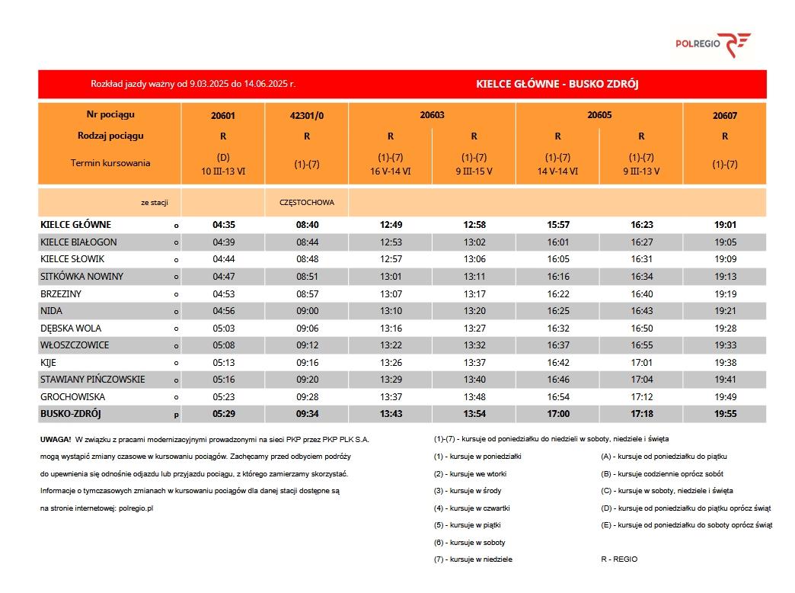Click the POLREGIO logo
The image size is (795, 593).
pyautogui.click(x=713, y=44)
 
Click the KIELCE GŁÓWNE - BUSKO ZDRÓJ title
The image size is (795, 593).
pyautogui.click(x=557, y=84)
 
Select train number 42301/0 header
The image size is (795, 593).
pyautogui.click(x=307, y=116)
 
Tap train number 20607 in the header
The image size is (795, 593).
pyautogui.click(x=725, y=116)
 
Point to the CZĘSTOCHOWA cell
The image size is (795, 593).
pyautogui.click(x=307, y=203)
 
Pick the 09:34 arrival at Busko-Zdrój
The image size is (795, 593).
pyautogui.click(x=307, y=414)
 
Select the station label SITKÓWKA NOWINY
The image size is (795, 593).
pyautogui.click(x=81, y=277)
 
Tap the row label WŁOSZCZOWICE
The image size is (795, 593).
pyautogui.click(x=75, y=345)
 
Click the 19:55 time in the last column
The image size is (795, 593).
pyautogui.click(x=725, y=414)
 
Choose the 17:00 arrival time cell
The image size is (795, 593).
pyautogui.click(x=557, y=414)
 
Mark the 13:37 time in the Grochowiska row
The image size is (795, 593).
pyautogui.click(x=391, y=397)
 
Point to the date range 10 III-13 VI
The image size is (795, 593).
pyautogui.click(x=224, y=171)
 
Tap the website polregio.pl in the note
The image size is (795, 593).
pyautogui.click(x=137, y=508)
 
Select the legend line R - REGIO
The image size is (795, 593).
pyautogui.click(x=619, y=559)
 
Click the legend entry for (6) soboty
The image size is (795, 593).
pyautogui.click(x=469, y=543)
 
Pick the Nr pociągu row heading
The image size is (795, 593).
pyautogui.click(x=110, y=114)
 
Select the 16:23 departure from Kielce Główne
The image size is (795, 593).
pyautogui.click(x=641, y=225)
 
